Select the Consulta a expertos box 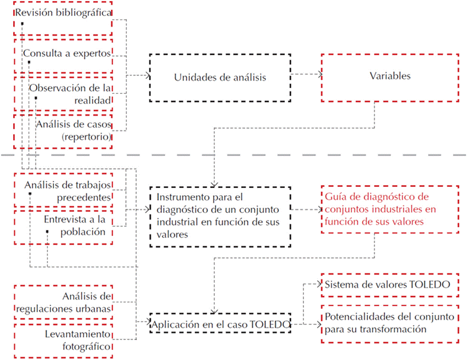tap(63, 55)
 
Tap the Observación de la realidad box tap(63, 94)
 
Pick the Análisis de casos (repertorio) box tap(63, 130)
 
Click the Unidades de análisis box tap(220, 77)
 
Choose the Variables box tap(389, 77)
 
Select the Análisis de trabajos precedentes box tap(63, 190)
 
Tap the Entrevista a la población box tap(63, 226)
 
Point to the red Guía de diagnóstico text tap(375, 208)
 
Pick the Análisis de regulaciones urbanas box tap(63, 302)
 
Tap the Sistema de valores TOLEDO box tap(389, 285)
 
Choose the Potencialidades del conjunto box tap(389, 323)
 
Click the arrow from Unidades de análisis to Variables tap(306, 75)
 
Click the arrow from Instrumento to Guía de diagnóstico tap(306, 209)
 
